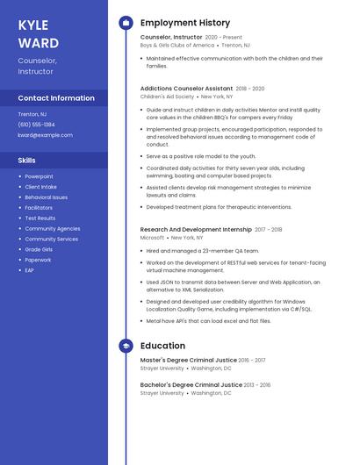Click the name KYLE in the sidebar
click(33, 25)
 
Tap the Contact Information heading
click(56, 98)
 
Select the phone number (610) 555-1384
click(36, 125)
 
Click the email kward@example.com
click(46, 135)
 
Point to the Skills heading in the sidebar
click(27, 161)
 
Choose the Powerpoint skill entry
click(39, 176)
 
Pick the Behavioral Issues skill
click(46, 197)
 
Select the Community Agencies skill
click(52, 228)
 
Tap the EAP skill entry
click(29, 270)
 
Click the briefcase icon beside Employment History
click(126, 23)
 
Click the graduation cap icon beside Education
click(126, 347)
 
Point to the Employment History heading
click(184, 23)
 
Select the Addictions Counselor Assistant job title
click(186, 89)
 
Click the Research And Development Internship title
click(195, 229)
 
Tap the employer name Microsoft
click(152, 238)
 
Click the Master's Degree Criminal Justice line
click(188, 360)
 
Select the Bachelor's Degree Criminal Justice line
click(191, 384)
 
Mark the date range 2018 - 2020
click(250, 89)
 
